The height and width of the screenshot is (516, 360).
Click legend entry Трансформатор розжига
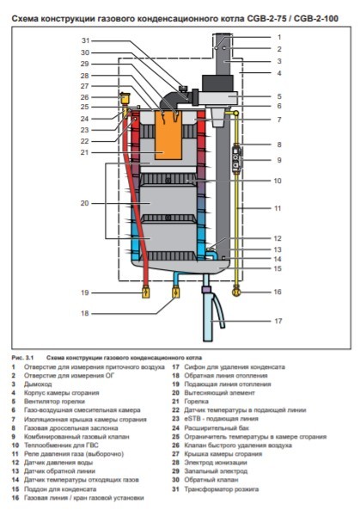pyautogui.click(x=224, y=489)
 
